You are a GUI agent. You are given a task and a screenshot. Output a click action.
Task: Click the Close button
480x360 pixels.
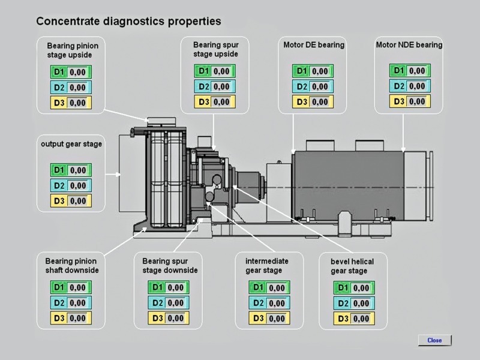(434, 340)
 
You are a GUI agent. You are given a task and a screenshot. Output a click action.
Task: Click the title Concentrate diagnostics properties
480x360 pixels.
(128, 21)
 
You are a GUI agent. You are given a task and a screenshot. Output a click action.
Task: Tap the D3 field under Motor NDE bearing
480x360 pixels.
(416, 101)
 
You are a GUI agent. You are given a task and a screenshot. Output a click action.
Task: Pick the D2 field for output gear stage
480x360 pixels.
(78, 185)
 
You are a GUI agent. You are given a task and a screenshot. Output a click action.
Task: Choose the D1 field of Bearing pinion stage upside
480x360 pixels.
(78, 72)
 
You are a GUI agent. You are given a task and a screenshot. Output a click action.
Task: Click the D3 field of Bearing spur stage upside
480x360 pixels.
(221, 102)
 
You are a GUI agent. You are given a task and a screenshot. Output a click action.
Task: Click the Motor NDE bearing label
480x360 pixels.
(409, 45)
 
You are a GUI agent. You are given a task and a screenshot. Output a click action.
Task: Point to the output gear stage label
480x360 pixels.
(71, 144)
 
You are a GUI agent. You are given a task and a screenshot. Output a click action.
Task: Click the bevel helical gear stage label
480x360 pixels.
(352, 266)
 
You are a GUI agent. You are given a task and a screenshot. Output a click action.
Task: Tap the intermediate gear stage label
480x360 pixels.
(267, 266)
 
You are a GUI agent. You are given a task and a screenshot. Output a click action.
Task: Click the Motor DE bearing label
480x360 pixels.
(314, 45)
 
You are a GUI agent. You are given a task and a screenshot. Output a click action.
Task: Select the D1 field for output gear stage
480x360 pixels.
(78, 170)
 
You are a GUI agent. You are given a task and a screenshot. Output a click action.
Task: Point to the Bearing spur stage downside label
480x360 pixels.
(170, 266)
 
